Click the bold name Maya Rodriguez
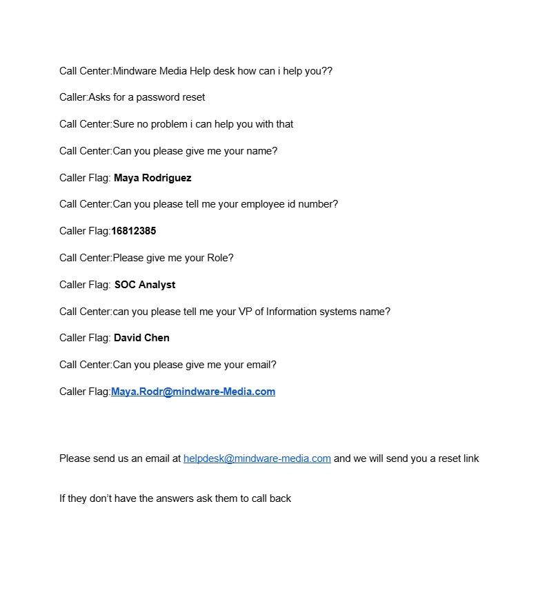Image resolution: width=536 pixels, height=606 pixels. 152,178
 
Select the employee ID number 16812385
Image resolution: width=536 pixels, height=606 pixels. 134,231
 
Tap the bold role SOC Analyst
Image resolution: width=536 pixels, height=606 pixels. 145,285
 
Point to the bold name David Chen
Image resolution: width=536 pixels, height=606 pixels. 141,338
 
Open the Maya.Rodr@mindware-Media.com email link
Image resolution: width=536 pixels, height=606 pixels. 193,392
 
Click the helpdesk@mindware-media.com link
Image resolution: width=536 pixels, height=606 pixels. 257,458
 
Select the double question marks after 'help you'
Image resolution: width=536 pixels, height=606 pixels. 328,71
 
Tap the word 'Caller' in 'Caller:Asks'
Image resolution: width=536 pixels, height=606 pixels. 72,97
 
